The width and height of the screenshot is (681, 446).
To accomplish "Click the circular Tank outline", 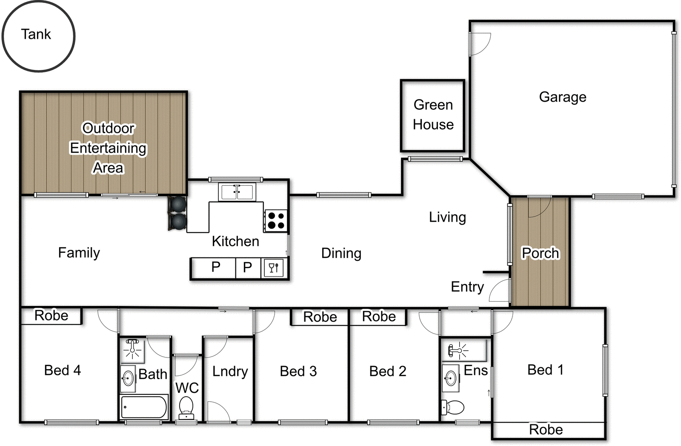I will [38, 36].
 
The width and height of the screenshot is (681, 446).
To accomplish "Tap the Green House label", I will [433, 114].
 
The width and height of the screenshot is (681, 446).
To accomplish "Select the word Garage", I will [562, 97].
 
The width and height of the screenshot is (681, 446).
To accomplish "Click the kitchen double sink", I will [237, 192].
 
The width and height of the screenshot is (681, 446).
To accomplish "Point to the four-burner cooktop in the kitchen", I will [276, 220].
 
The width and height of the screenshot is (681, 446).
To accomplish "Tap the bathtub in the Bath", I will [144, 407].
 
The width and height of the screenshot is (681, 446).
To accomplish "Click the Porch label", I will [540, 253].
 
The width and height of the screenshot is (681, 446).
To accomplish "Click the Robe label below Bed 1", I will [546, 430].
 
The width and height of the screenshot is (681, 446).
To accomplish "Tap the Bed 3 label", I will [298, 371].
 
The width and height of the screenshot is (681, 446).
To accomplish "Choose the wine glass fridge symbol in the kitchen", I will [274, 268].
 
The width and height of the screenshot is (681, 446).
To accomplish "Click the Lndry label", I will [230, 371].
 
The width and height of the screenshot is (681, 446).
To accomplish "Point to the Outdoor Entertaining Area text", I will [108, 148].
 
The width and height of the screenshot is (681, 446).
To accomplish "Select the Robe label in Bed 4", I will [51, 315].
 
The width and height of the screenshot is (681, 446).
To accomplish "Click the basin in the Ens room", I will [450, 377].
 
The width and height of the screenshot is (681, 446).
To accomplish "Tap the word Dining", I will [341, 253].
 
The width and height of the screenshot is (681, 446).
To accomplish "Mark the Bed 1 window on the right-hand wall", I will [605, 370].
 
